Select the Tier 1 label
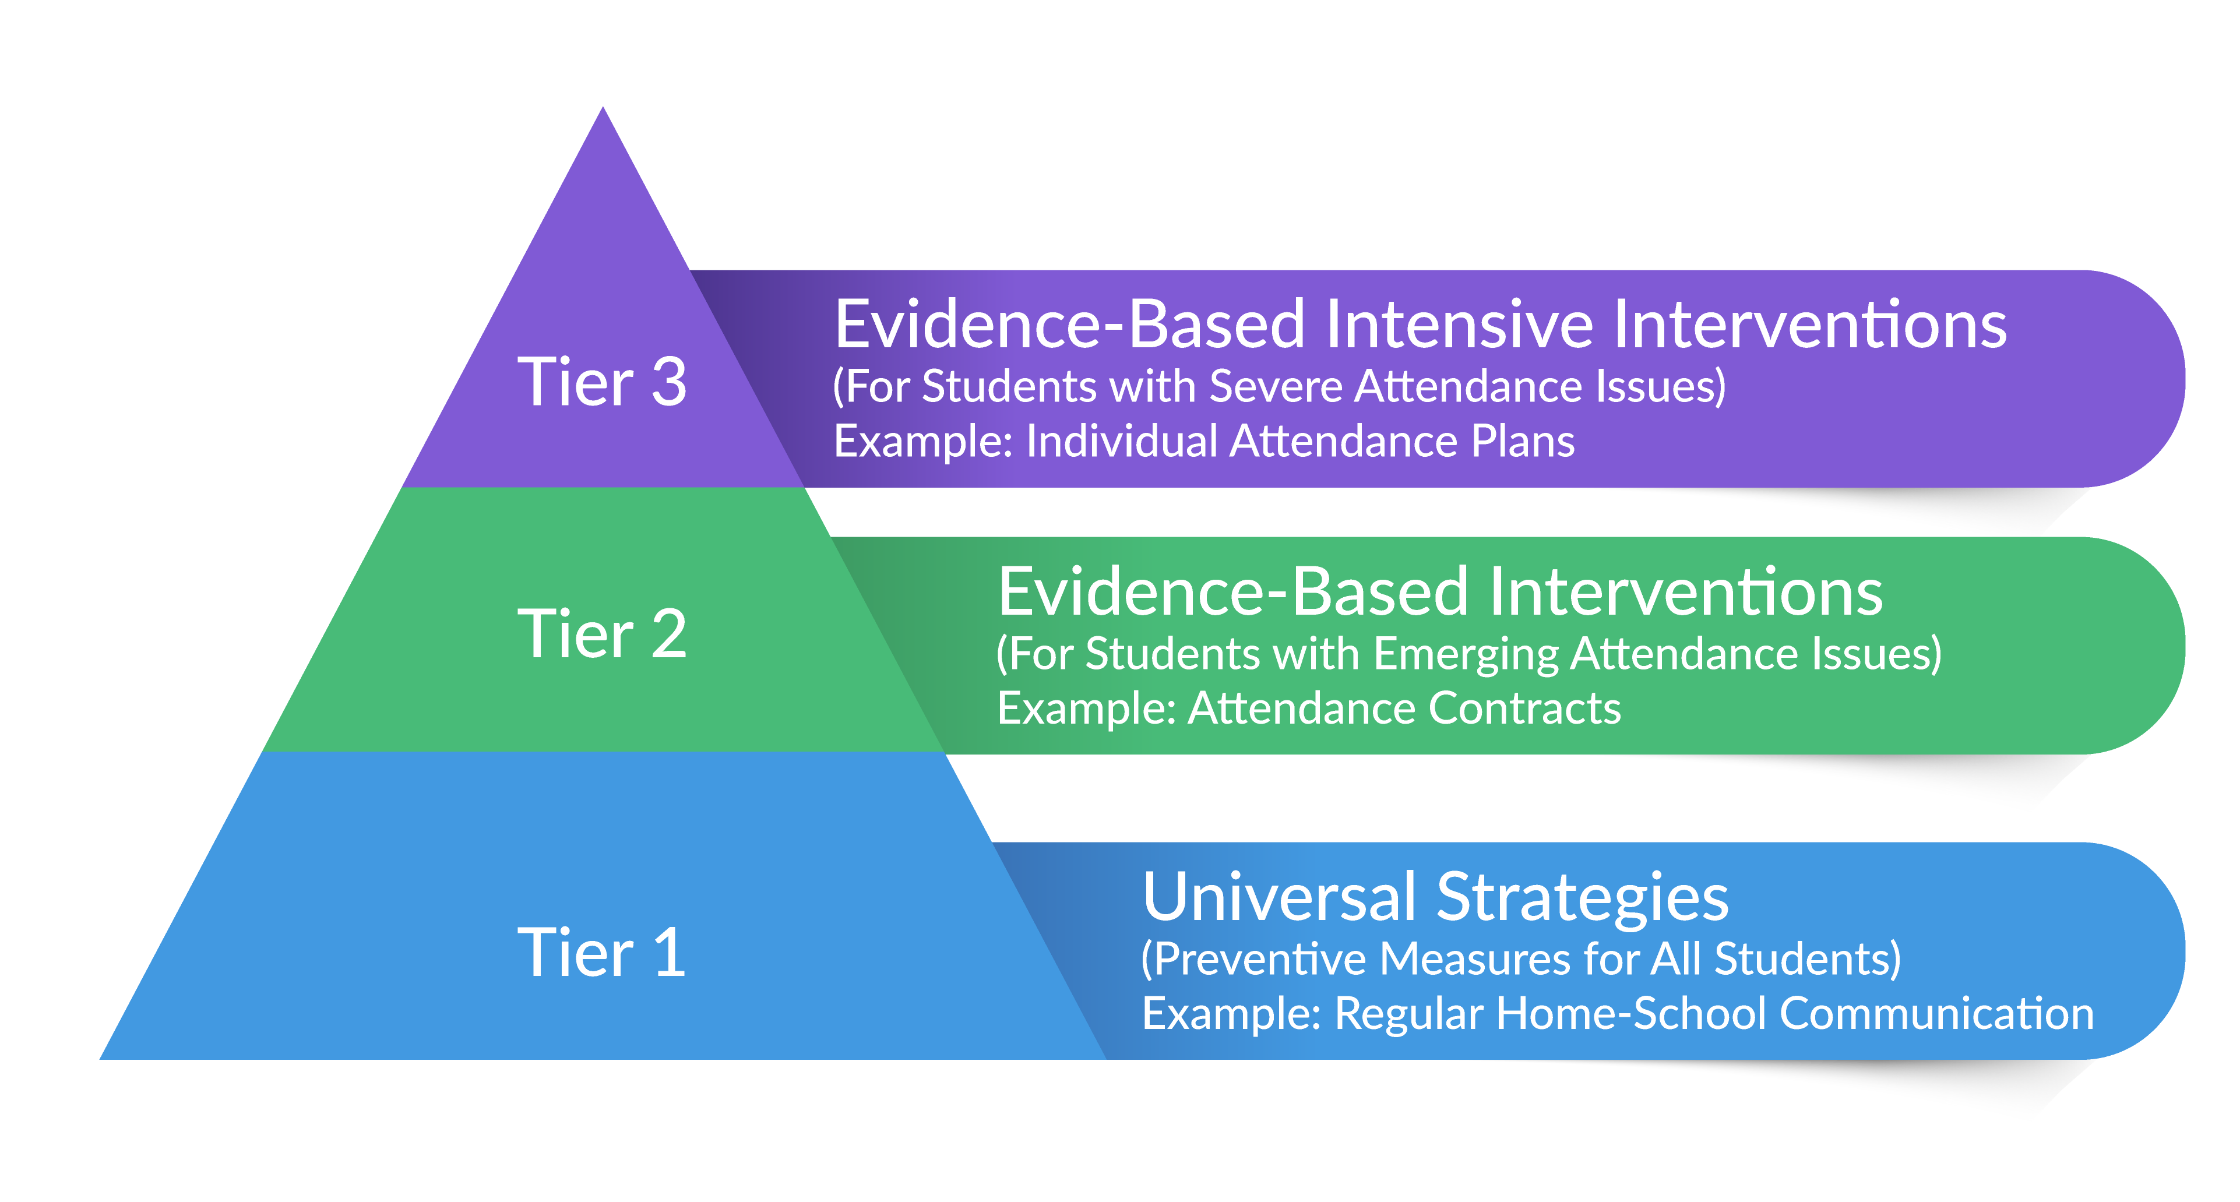click(602, 953)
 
